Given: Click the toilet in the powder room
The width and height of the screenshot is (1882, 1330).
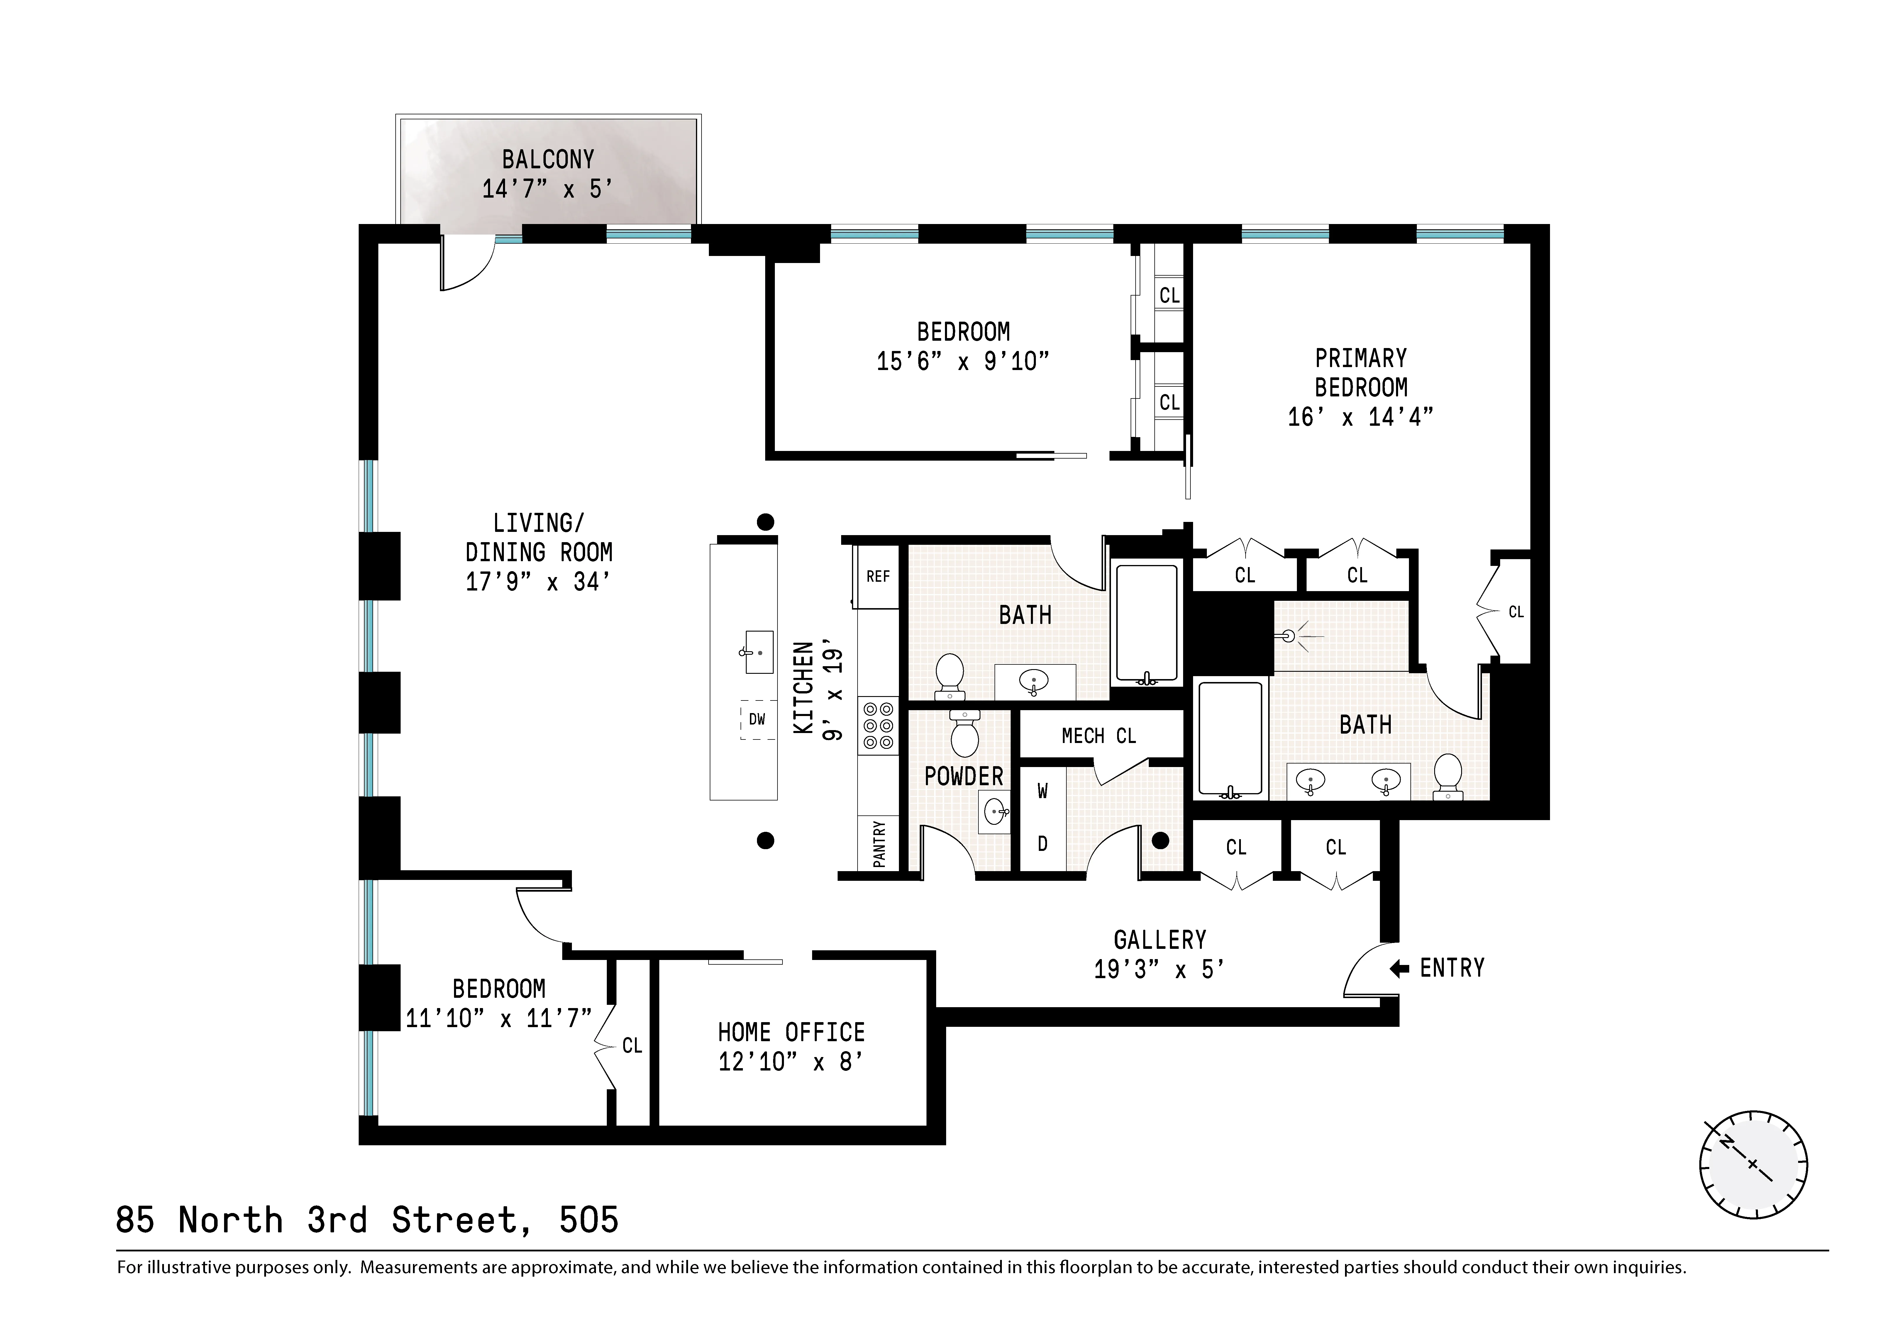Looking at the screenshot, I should [x=965, y=735].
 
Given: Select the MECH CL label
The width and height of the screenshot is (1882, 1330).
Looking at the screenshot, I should [x=1098, y=737].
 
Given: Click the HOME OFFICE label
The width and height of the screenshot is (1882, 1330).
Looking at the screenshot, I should [x=791, y=1032].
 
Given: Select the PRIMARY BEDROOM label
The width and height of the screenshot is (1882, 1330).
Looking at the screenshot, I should [x=1361, y=373].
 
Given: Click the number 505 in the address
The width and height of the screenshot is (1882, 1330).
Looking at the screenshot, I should [x=589, y=1220].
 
